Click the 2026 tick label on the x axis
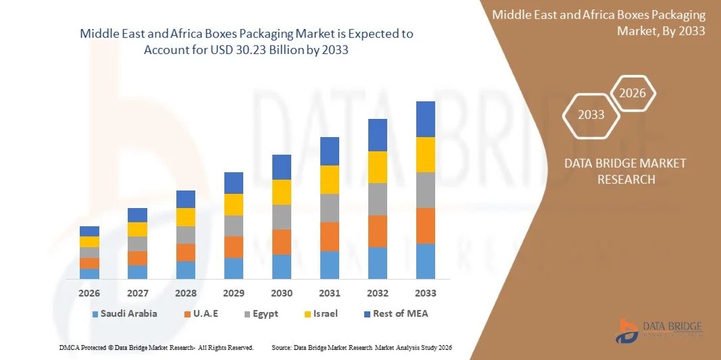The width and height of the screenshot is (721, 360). coord(89,293)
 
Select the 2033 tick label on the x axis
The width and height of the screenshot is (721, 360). coord(426,293)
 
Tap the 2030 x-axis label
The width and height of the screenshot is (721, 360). coord(282,293)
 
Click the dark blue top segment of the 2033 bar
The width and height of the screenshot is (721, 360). coord(426,119)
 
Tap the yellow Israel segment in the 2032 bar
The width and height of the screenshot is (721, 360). coord(378,167)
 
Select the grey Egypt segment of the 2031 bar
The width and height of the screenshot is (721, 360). coord(330,208)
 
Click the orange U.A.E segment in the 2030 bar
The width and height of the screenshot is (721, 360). coord(282,242)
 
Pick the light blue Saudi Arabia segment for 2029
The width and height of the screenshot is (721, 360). coord(234,268)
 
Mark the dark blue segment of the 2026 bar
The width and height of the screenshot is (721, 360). coord(89,231)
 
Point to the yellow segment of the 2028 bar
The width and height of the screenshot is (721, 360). coord(186,217)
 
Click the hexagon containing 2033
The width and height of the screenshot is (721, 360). coord(591,115)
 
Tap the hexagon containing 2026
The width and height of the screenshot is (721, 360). coord(633,94)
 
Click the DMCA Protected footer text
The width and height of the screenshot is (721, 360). coord(156,347)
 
